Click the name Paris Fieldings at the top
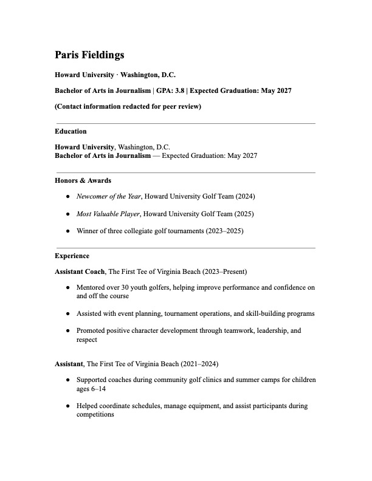tap(89, 55)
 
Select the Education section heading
tap(71, 131)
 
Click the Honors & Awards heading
tap(83, 180)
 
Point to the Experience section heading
tap(72, 256)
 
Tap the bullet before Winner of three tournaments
tap(67, 231)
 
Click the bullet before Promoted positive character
tap(67, 330)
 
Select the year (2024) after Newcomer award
tap(244, 197)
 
